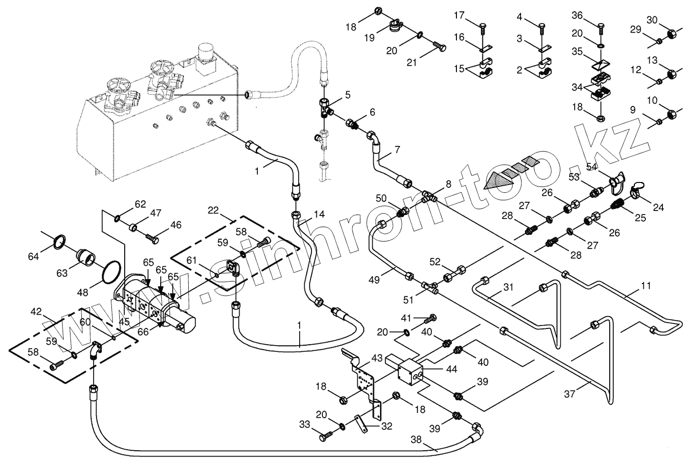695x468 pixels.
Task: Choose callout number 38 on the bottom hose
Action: [416, 441]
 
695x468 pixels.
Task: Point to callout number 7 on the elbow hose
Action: [397, 148]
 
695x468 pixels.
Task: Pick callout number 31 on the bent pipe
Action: [508, 287]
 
